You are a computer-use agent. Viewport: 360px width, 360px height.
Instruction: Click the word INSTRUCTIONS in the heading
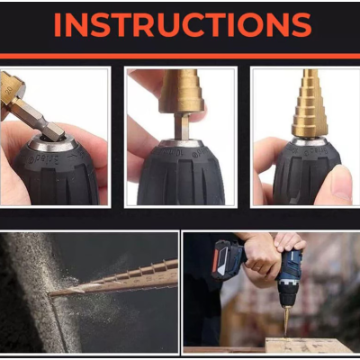(183, 25)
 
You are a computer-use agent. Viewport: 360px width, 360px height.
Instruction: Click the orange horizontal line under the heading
(180, 57)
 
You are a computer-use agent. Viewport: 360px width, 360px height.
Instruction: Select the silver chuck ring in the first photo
(53, 144)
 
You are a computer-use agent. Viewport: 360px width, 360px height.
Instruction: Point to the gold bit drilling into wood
(287, 320)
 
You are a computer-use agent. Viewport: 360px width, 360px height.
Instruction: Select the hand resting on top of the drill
(290, 241)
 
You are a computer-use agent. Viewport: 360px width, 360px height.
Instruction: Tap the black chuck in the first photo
(56, 177)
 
